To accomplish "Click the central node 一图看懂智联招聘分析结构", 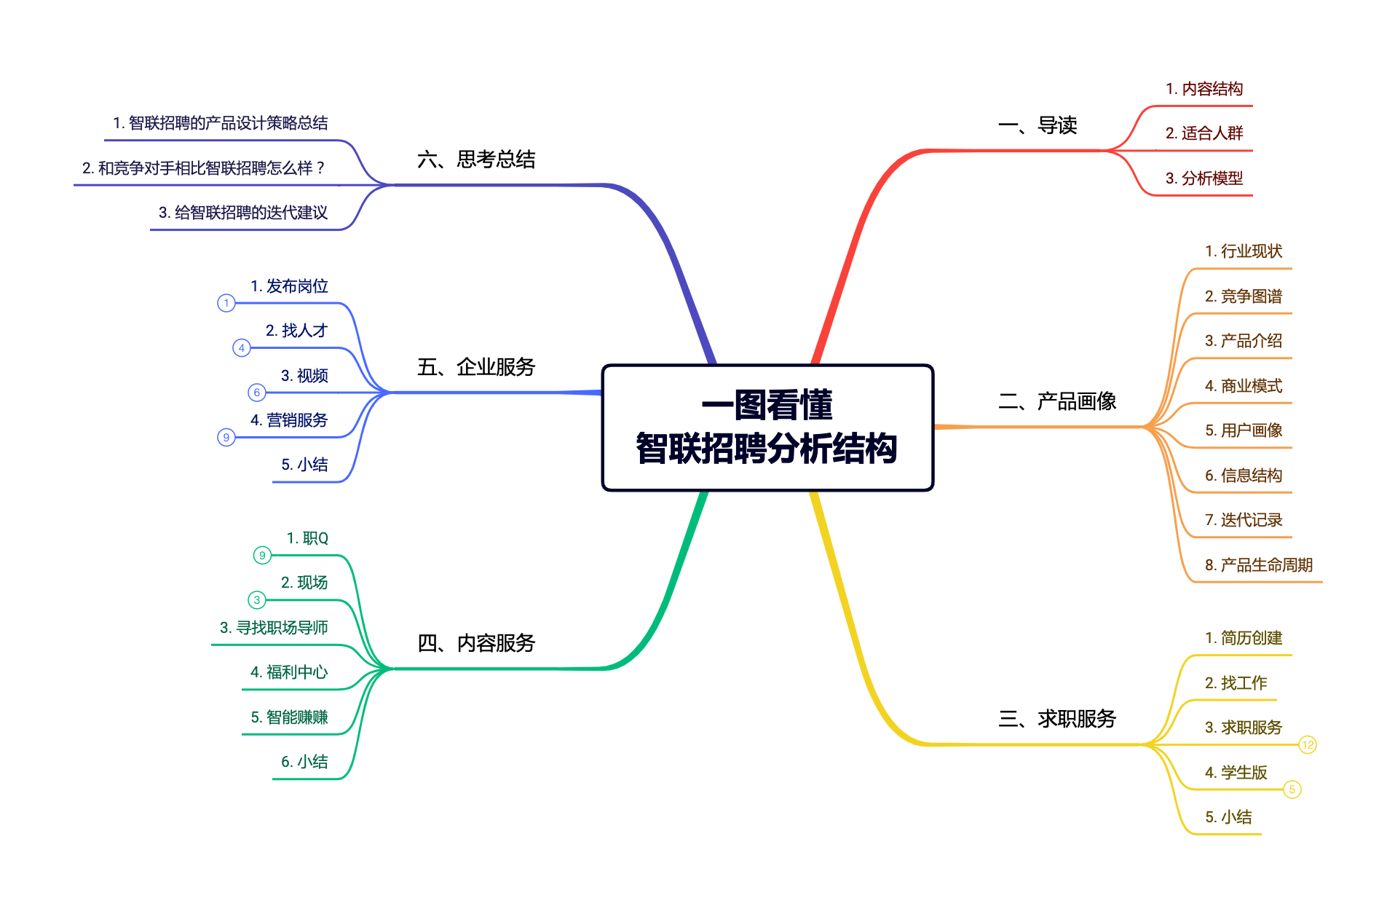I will [x=767, y=428].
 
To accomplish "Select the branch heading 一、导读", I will [x=1037, y=125].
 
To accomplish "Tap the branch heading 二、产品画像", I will [x=1057, y=401].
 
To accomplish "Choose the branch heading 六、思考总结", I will [x=476, y=159].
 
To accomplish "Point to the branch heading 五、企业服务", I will [x=476, y=367].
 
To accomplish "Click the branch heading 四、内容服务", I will [x=476, y=643].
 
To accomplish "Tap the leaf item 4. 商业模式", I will [x=1243, y=386].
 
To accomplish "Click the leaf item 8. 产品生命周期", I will [x=1258, y=565].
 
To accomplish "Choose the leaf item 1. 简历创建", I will [x=1243, y=638].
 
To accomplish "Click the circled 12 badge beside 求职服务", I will [x=1308, y=744].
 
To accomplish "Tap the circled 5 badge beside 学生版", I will [x=1292, y=789].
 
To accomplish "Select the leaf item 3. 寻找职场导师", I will [x=274, y=628].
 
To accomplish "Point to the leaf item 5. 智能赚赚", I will [x=289, y=717].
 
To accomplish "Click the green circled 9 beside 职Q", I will [x=262, y=556].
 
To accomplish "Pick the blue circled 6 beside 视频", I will [x=256, y=393].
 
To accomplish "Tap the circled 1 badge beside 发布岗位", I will [x=226, y=303].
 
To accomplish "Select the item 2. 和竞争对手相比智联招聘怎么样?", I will [x=203, y=168].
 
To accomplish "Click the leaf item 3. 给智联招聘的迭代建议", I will [x=242, y=213].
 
